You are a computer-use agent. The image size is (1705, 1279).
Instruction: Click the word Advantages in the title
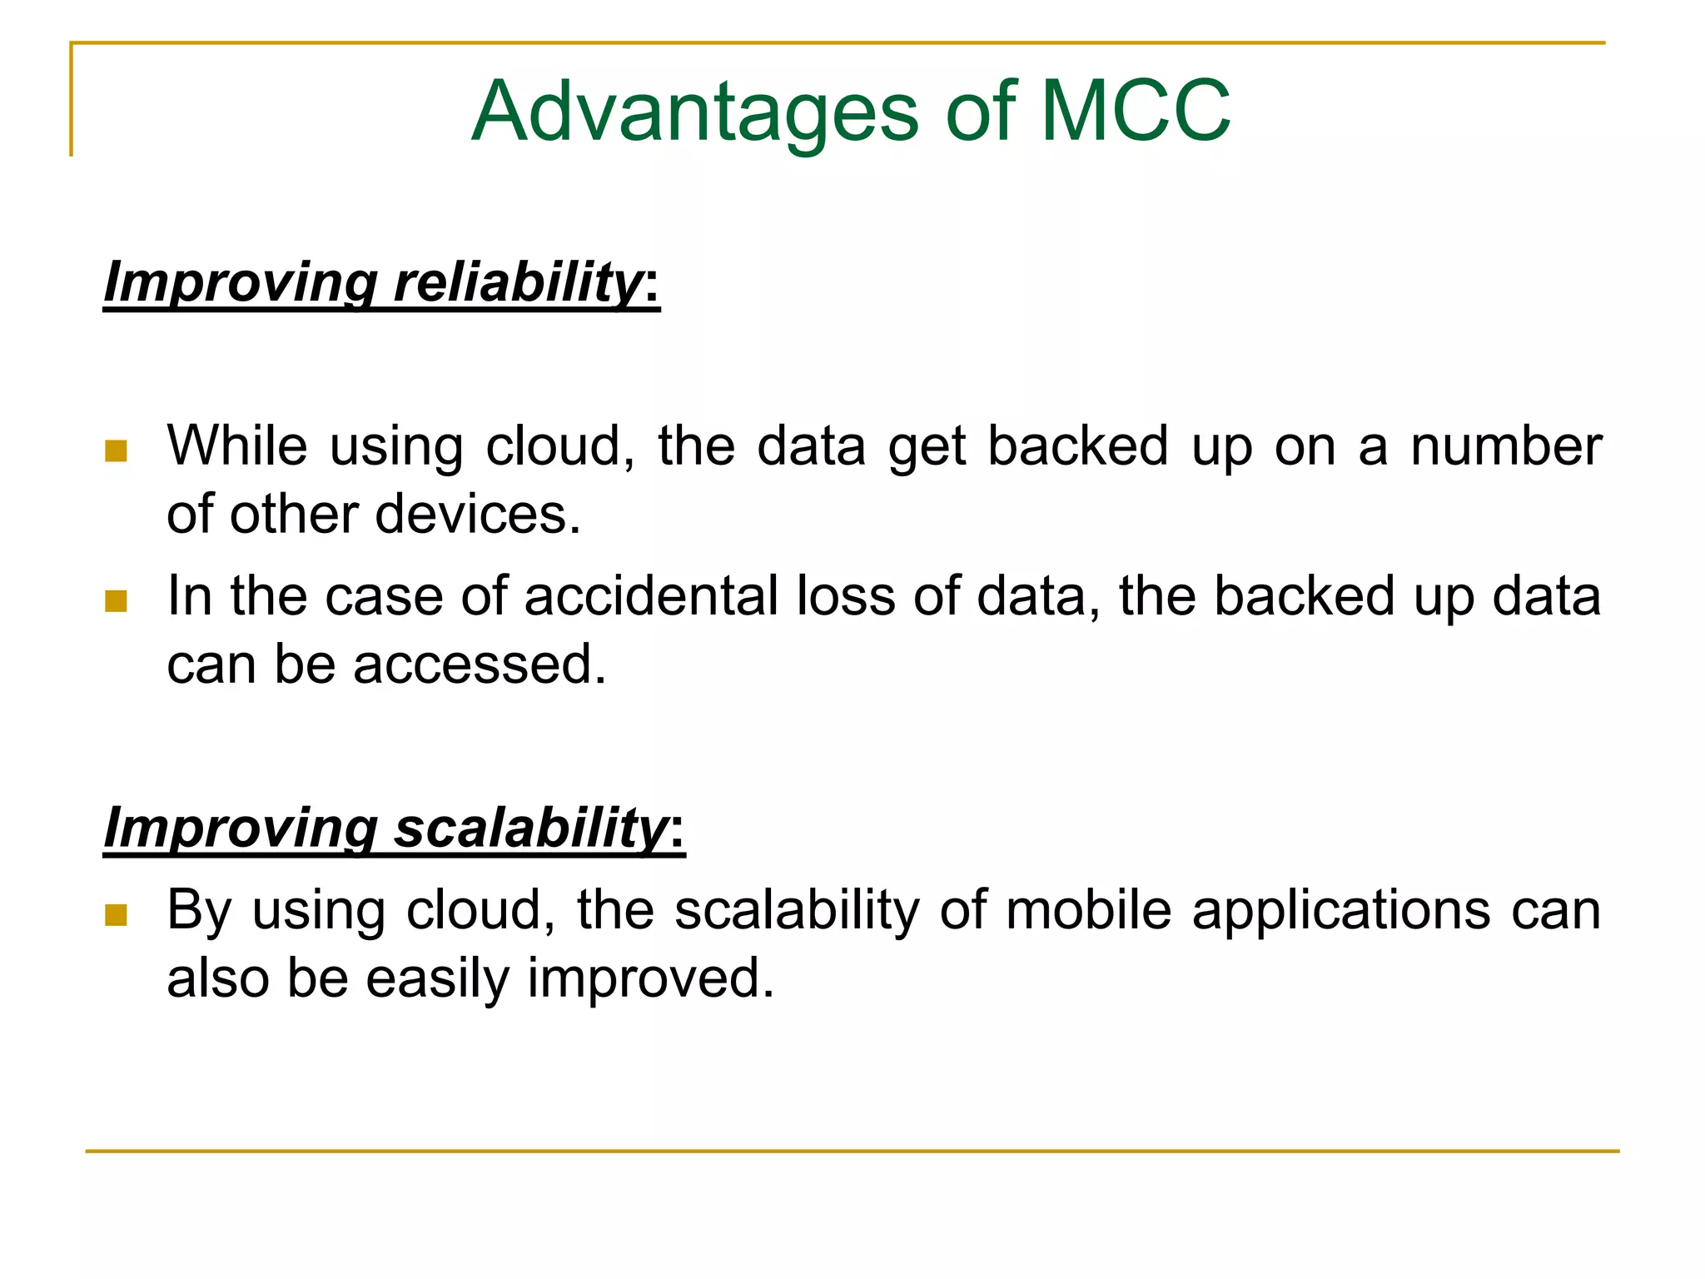point(695,112)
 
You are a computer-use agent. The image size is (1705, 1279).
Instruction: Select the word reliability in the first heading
point(516,282)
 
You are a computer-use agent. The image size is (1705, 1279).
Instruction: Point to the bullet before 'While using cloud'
point(116,451)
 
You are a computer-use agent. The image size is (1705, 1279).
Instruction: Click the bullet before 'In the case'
point(116,601)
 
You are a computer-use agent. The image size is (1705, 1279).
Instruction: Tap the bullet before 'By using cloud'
point(116,915)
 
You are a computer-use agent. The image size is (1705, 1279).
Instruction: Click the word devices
point(477,514)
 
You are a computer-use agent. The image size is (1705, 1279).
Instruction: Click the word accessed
point(480,664)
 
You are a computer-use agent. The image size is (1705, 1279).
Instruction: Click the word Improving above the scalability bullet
point(240,829)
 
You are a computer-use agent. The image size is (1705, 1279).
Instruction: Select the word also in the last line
point(217,978)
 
